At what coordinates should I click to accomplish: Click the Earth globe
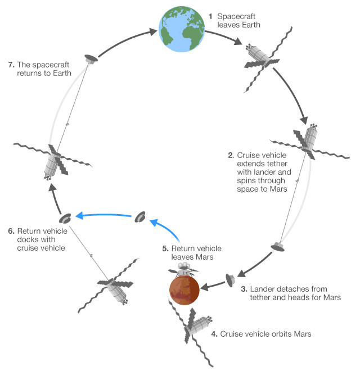pos(182,29)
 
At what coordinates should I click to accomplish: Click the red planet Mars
pos(184,290)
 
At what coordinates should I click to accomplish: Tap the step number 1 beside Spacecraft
pos(210,16)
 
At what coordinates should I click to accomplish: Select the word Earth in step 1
pos(251,25)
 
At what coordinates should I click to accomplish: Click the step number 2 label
pos(231,155)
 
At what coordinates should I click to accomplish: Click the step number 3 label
pos(244,289)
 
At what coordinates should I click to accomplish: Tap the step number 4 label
pos(214,334)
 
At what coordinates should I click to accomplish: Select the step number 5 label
pos(165,248)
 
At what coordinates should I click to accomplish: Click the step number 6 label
pos(11,231)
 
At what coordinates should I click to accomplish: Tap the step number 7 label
pos(11,65)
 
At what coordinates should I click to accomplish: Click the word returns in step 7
pos(30,73)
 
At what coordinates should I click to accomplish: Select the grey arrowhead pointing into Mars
pos(205,288)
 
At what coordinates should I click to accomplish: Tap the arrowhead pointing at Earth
pos(152,31)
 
